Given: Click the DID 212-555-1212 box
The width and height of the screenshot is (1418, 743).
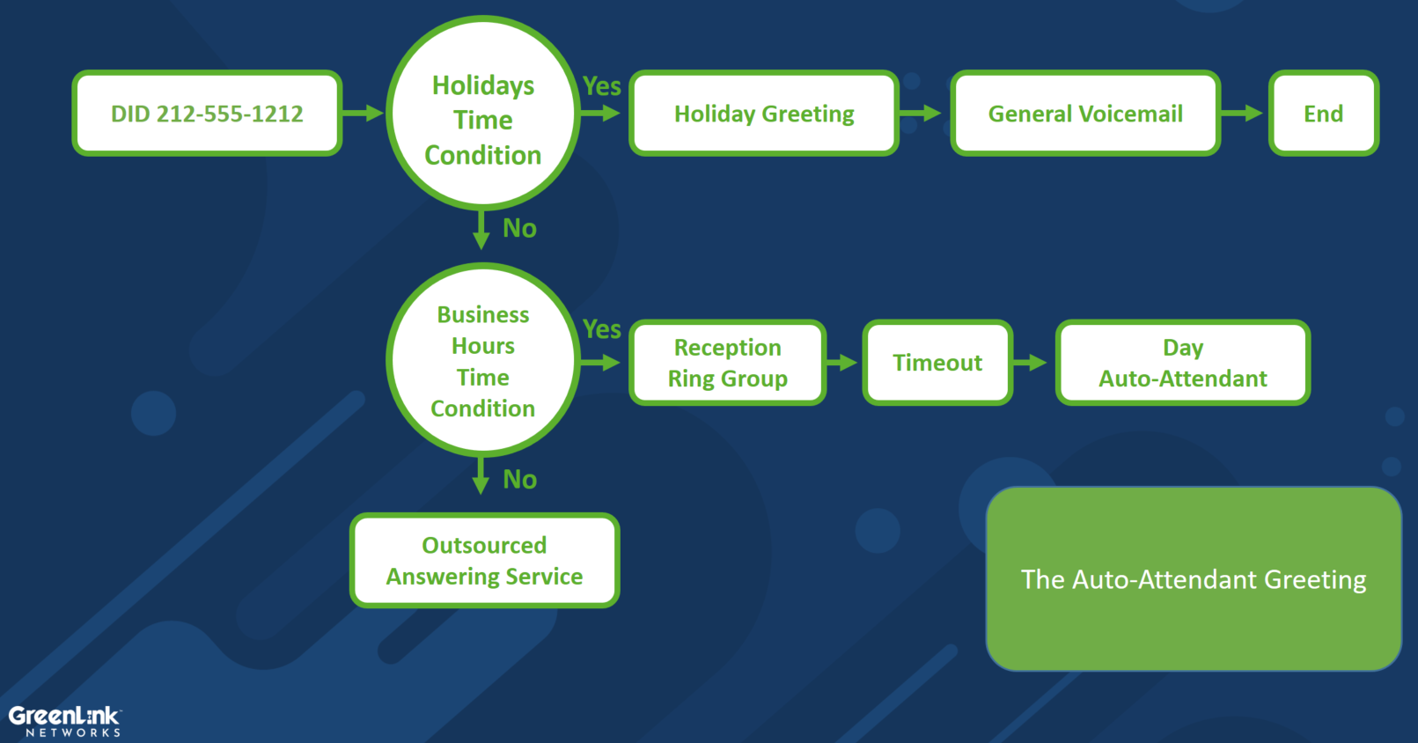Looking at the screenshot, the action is [207, 114].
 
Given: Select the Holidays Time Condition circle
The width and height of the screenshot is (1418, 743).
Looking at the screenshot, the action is [483, 113].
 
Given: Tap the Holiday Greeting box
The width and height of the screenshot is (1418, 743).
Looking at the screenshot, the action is [763, 114].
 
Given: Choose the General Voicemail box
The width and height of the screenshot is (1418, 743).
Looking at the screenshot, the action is [1085, 114].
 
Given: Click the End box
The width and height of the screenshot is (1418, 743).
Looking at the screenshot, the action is [1324, 114].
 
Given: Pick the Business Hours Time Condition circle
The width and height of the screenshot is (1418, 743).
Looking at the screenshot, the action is [483, 360].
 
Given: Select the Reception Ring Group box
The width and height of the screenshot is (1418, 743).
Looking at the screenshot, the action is [727, 363].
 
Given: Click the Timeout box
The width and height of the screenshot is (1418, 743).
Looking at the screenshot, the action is [937, 363].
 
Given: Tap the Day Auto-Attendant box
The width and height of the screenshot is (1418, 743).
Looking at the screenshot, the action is [1182, 363].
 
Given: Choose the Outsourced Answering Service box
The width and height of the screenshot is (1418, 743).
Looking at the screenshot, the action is [484, 561].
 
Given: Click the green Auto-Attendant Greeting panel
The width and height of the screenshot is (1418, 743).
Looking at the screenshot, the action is [1194, 579].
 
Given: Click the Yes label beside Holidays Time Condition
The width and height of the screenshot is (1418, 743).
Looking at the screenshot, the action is [601, 86].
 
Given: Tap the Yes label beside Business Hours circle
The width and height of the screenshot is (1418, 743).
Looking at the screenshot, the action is [601, 329].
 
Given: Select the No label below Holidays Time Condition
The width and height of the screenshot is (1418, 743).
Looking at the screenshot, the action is [519, 228].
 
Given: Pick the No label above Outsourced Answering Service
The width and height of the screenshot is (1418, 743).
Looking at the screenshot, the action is [519, 479].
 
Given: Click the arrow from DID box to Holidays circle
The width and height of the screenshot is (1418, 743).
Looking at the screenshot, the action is [364, 114].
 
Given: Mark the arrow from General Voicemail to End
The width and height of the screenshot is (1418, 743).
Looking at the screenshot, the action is [1241, 114].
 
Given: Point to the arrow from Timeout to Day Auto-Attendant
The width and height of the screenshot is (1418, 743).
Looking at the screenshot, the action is [1030, 363].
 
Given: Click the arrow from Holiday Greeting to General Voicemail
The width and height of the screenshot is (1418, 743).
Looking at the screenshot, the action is [920, 114].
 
